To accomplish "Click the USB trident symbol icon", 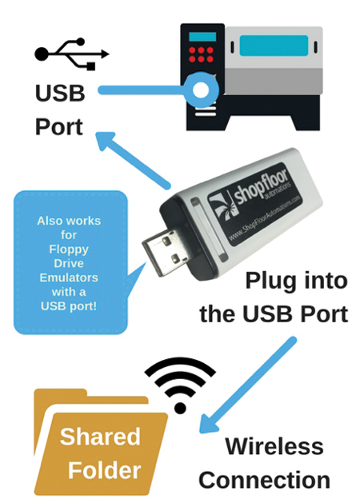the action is (x=72, y=54).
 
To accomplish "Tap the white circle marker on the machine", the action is (x=201, y=90).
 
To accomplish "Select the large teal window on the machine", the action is (x=274, y=46).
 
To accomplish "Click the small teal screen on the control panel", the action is (x=202, y=37).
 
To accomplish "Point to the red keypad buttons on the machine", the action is (x=201, y=54).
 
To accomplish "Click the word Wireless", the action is (x=274, y=446).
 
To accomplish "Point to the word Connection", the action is (x=264, y=480).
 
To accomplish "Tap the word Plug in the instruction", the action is (x=270, y=281).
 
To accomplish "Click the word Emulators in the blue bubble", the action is (x=69, y=277).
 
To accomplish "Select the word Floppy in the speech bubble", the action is (x=69, y=250).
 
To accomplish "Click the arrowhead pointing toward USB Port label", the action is (x=106, y=141).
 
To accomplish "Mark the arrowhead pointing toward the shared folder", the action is (x=209, y=424).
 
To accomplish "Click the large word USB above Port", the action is (x=60, y=94).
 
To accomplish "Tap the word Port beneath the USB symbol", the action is (x=58, y=126).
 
